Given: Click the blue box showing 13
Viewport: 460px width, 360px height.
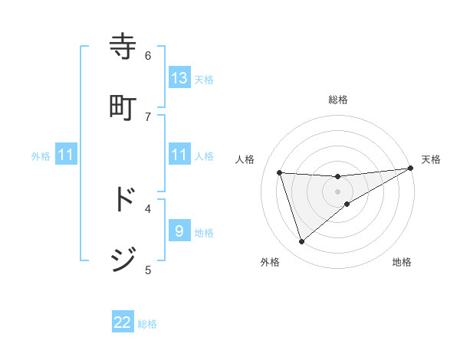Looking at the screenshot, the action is click(x=179, y=78).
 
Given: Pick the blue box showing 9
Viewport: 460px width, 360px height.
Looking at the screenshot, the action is click(x=179, y=231).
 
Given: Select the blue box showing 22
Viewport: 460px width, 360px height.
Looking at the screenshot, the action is click(x=123, y=322).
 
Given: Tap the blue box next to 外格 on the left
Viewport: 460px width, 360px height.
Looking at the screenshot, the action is click(x=66, y=155).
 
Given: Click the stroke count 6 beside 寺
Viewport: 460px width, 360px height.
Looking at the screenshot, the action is click(x=148, y=55).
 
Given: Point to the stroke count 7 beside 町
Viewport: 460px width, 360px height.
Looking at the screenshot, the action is click(x=148, y=116).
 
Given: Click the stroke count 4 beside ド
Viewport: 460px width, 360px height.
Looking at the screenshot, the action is click(x=148, y=208).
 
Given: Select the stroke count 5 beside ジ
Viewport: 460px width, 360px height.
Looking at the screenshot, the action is click(x=148, y=269).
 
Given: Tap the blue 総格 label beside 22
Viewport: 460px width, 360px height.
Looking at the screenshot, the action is click(x=147, y=324).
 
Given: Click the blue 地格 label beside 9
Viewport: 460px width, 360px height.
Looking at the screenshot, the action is click(x=204, y=233).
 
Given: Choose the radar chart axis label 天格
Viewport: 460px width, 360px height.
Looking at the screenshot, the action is click(x=431, y=159).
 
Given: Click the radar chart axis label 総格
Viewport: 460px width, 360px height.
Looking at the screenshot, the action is click(x=338, y=100).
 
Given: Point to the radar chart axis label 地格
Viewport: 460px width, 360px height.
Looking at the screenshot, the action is click(x=402, y=262).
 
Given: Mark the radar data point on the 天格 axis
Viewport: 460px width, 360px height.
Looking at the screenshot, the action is click(x=410, y=169).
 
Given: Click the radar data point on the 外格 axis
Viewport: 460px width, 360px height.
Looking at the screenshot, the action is click(x=301, y=242).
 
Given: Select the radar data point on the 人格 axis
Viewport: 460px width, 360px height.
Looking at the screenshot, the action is click(x=280, y=172).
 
